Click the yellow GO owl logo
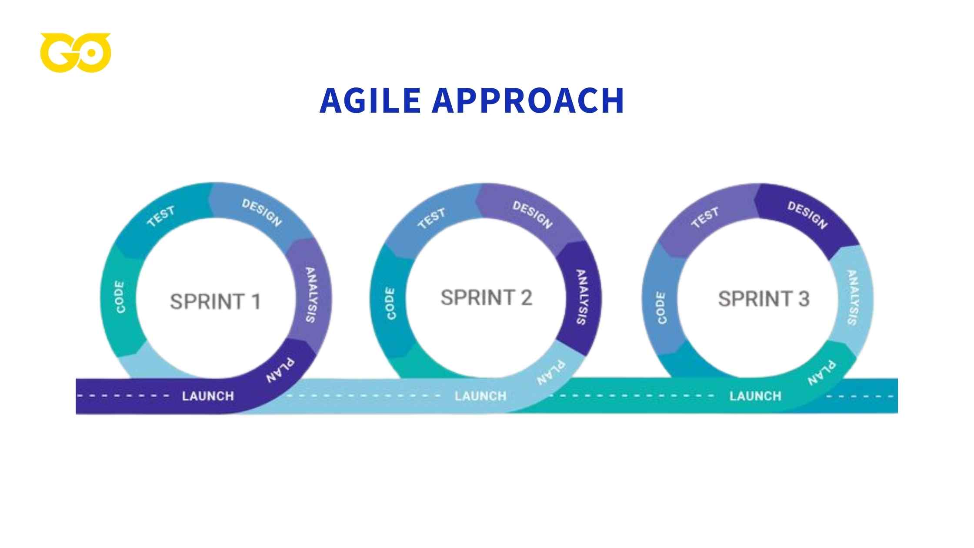pos(76,52)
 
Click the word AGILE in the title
pos(370,101)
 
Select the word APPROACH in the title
pos(528,101)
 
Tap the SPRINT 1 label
pos(215,301)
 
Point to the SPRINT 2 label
pos(486,298)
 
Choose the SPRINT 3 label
pos(764,299)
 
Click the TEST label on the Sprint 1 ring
pos(161,217)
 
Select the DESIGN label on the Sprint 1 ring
pos(262,213)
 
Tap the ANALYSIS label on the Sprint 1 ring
pos(311,295)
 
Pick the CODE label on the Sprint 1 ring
pos(120,297)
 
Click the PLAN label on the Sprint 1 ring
pos(280,371)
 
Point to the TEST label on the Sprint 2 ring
pos(432,218)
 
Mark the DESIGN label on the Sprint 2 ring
pos(533,215)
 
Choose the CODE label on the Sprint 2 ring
pos(390,304)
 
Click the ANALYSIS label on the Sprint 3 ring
pos(852,297)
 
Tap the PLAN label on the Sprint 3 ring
pos(821,373)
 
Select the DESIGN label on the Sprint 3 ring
pos(807,215)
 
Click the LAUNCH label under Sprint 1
pos(208,396)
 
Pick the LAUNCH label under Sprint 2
pos(480,396)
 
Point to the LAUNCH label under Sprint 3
pos(755,396)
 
